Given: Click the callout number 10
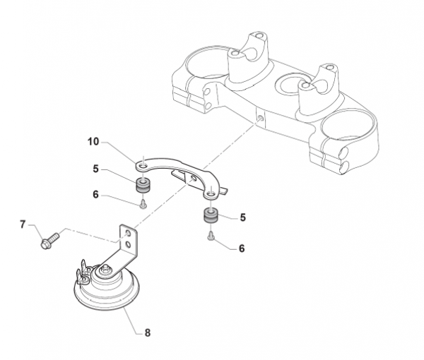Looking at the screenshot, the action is pyautogui.click(x=93, y=141).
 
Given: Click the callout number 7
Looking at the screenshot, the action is pyautogui.click(x=23, y=224).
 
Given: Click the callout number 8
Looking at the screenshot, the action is pyautogui.click(x=148, y=332).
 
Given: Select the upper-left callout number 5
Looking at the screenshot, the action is pyautogui.click(x=95, y=169).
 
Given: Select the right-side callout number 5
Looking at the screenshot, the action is pyautogui.click(x=243, y=217).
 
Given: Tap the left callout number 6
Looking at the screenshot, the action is pyautogui.click(x=95, y=194).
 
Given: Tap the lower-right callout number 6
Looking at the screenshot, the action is pyautogui.click(x=242, y=248).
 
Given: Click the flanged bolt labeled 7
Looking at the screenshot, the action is pyautogui.click(x=50, y=241).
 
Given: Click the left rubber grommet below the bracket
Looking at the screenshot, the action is pyautogui.click(x=143, y=185).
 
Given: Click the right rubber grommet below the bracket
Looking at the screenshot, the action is pyautogui.click(x=211, y=215).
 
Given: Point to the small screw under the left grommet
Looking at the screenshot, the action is pyautogui.click(x=143, y=205).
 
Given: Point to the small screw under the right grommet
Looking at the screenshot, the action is pyautogui.click(x=211, y=236).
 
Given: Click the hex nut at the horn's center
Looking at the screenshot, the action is pyautogui.click(x=105, y=268).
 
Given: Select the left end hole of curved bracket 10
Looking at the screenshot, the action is pyautogui.click(x=144, y=165).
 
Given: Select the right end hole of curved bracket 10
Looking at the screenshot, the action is pyautogui.click(x=211, y=194).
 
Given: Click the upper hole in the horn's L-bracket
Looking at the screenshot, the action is pyautogui.click(x=128, y=233).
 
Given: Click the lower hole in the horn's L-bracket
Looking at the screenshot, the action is pyautogui.click(x=128, y=245).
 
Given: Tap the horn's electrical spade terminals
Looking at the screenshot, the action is pyautogui.click(x=83, y=272).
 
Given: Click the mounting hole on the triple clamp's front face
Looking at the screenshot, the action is pyautogui.click(x=260, y=118).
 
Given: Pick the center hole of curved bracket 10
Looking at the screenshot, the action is pyautogui.click(x=194, y=179).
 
